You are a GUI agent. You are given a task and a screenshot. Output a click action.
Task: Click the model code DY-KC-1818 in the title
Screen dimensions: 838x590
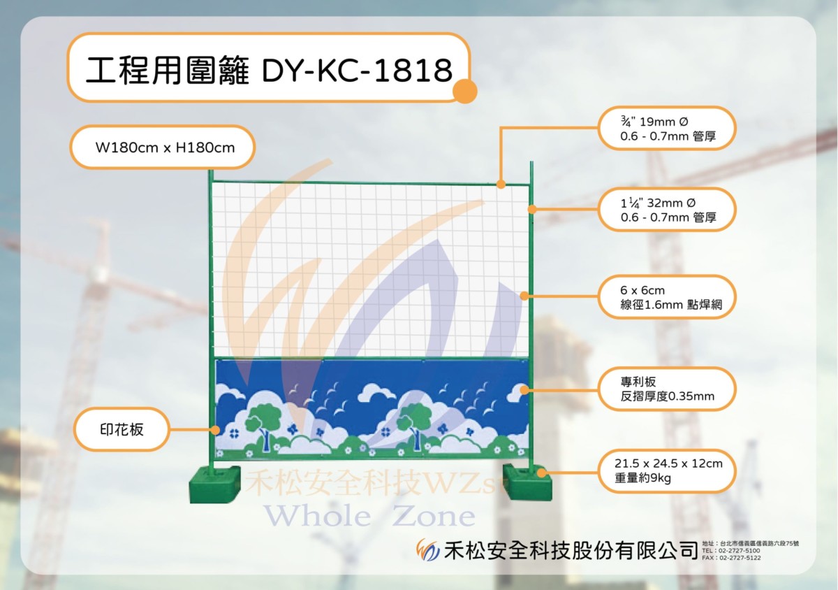pos(358,70)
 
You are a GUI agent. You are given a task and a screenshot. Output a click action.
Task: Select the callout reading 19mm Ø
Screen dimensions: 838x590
pos(667,129)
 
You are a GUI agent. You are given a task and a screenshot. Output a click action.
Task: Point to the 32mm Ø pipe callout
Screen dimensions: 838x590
pos(667,210)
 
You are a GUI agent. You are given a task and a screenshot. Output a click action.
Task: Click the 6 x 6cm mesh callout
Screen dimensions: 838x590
pos(667,297)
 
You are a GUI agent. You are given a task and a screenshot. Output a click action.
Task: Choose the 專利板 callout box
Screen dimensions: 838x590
pos(667,389)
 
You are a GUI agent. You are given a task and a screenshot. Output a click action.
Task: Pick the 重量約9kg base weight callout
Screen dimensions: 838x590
pos(667,470)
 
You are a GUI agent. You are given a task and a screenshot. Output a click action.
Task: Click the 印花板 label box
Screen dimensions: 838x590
pos(122,429)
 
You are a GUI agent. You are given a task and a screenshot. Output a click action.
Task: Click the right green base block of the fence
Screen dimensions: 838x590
pos(527,482)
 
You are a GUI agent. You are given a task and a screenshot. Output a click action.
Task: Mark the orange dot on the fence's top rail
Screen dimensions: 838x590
pos(501,184)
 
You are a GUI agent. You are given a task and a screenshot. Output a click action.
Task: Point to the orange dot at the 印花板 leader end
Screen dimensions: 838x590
pos(215,430)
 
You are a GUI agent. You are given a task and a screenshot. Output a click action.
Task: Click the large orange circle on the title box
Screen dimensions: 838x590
pos(464,91)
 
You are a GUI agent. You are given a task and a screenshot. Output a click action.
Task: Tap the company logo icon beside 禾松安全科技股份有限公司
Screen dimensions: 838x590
pos(428,550)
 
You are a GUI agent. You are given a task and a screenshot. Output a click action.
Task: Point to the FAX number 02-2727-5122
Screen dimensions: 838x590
pos(740,558)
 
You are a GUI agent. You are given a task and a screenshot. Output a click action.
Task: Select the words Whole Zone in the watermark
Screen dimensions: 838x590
pos(369,516)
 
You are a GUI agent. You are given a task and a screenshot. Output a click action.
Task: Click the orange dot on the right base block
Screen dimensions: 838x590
pos(541,473)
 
